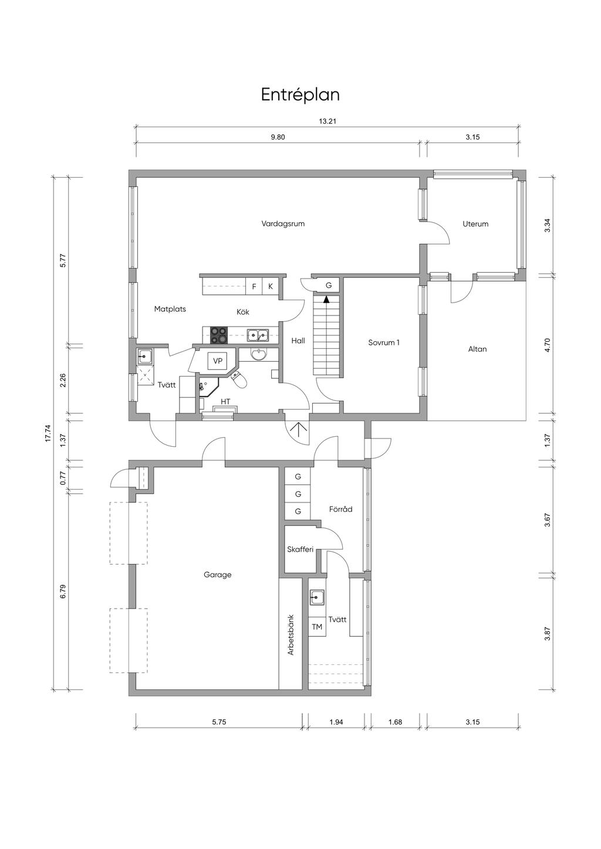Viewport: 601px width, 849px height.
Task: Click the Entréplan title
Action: click(x=300, y=95)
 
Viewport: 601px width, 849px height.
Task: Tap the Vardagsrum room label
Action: click(x=283, y=223)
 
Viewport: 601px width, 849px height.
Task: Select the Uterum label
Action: click(x=475, y=223)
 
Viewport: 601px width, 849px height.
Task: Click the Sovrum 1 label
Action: click(x=384, y=342)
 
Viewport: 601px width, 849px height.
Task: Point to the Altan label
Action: click(x=477, y=349)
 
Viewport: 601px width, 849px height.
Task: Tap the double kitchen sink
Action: click(x=258, y=335)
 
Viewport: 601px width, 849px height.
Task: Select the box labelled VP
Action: click(x=217, y=361)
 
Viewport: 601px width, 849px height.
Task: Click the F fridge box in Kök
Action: click(x=254, y=286)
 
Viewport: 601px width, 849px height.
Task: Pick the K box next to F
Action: click(x=271, y=286)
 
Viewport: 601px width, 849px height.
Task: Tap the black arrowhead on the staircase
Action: click(x=326, y=300)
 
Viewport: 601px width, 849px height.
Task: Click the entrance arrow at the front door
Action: click(x=298, y=429)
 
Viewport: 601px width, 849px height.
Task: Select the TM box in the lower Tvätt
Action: click(x=317, y=627)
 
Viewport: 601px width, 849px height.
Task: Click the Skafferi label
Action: click(x=300, y=549)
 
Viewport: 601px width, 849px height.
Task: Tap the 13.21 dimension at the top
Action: click(x=328, y=122)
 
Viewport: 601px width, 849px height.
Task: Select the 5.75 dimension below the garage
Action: click(x=219, y=722)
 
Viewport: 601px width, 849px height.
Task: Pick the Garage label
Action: click(x=217, y=575)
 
